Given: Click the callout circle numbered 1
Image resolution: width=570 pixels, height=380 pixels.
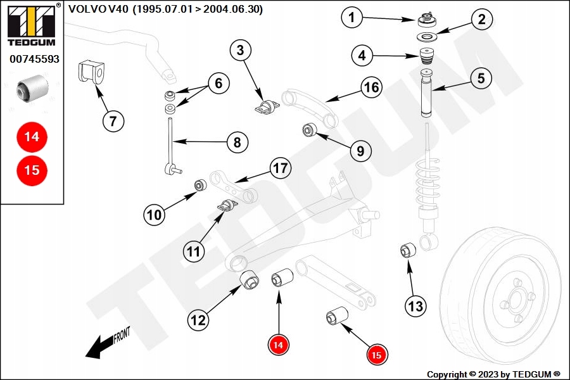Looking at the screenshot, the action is pos(351,17).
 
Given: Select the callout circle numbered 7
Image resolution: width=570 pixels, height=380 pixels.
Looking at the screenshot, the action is pos(113,121).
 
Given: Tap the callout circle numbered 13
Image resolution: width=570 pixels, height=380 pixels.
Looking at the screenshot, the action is pos(415,306).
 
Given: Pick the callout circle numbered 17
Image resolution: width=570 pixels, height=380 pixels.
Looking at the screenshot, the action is pos(281,168).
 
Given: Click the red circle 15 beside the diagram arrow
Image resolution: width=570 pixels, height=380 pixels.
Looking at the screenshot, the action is pos(377,355).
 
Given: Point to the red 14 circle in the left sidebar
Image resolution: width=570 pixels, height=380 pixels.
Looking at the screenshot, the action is pos(32,137).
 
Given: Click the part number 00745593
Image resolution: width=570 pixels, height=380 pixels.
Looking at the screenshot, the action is pos(34,59).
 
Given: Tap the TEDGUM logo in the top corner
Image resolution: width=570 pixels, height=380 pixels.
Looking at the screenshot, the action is pos(32,25).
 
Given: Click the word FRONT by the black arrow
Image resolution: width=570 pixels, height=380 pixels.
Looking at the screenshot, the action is pos(122,335).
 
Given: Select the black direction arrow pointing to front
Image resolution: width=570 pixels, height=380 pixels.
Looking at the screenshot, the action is pos(99,347).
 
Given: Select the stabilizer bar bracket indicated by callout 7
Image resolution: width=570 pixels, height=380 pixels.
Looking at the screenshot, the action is pos(91,72).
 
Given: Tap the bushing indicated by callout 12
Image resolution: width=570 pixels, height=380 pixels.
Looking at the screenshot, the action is pos(250,280).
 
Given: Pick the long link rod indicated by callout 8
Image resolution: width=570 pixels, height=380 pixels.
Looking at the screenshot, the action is pos(170,146).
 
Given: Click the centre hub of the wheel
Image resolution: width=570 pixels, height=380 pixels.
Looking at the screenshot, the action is pos(515,300).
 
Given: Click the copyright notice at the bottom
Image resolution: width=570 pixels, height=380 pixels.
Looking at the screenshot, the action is pos(493,374).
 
